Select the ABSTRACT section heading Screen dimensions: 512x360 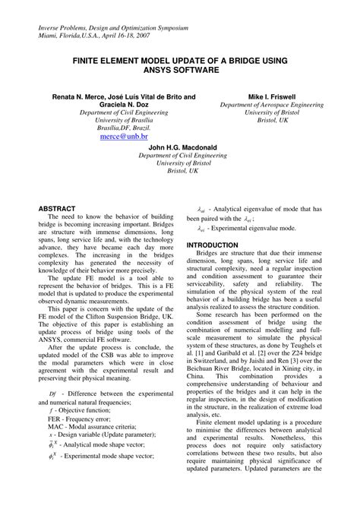point(56,208)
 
